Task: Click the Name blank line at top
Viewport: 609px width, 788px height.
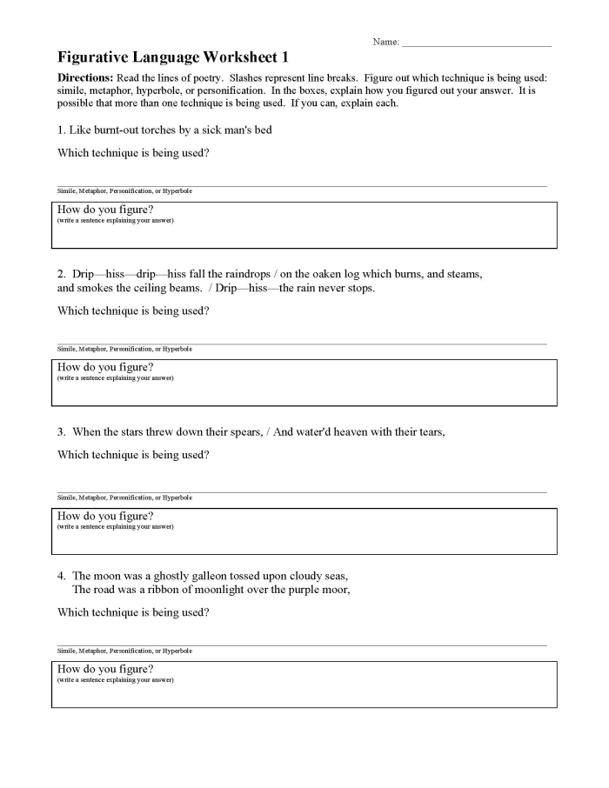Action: pyautogui.click(x=476, y=44)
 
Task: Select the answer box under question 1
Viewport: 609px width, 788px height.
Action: pyautogui.click(x=304, y=225)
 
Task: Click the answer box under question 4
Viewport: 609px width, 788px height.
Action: pyautogui.click(x=304, y=684)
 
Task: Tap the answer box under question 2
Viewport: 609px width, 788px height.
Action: pyautogui.click(x=304, y=383)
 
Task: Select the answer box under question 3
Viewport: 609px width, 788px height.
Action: pyautogui.click(x=304, y=531)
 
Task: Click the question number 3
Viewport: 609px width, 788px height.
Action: pyautogui.click(x=61, y=431)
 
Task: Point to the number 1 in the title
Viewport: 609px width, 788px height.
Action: pyautogui.click(x=284, y=58)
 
